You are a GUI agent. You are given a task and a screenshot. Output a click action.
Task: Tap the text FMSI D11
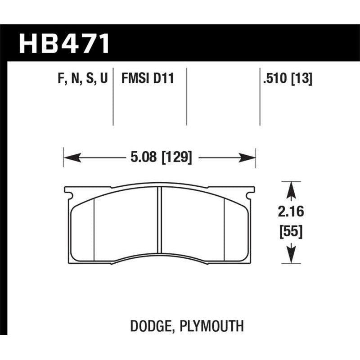coord(147,79)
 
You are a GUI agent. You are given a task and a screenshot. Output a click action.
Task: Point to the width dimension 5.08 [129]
coord(160,158)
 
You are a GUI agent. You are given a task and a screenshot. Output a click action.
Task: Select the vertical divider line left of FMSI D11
coord(112,97)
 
